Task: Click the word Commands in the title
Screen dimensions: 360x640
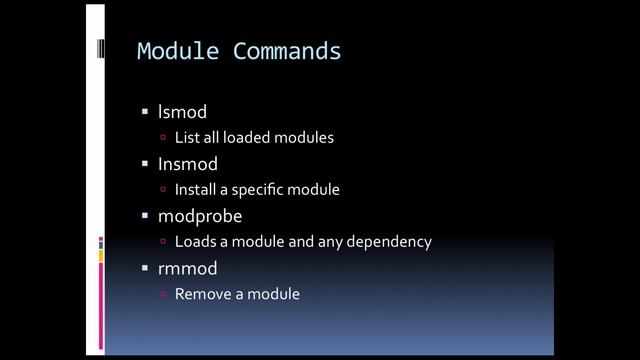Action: click(x=287, y=51)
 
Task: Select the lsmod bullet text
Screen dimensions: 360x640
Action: click(x=182, y=112)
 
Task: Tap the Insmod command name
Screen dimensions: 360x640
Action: click(x=187, y=164)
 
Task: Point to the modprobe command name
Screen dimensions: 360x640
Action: click(x=200, y=216)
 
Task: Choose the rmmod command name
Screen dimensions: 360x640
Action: click(x=187, y=268)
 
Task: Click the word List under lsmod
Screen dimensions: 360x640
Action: click(x=186, y=138)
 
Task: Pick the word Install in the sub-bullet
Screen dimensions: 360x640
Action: click(x=196, y=190)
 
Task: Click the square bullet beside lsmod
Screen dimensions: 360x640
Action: click(x=144, y=112)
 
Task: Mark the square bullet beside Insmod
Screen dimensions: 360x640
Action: click(x=144, y=164)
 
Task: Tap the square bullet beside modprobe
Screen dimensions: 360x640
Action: click(x=144, y=216)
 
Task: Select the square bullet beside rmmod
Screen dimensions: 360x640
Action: click(x=144, y=268)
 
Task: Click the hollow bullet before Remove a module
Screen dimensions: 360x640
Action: click(x=164, y=295)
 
